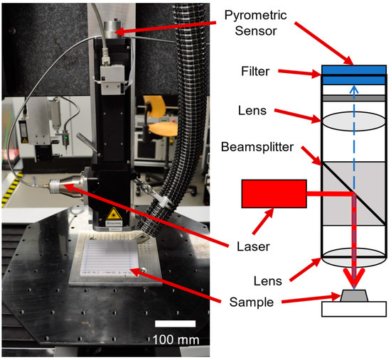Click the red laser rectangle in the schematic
tap(274, 194)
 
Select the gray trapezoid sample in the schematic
tap(354, 295)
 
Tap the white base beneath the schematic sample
tap(354, 309)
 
